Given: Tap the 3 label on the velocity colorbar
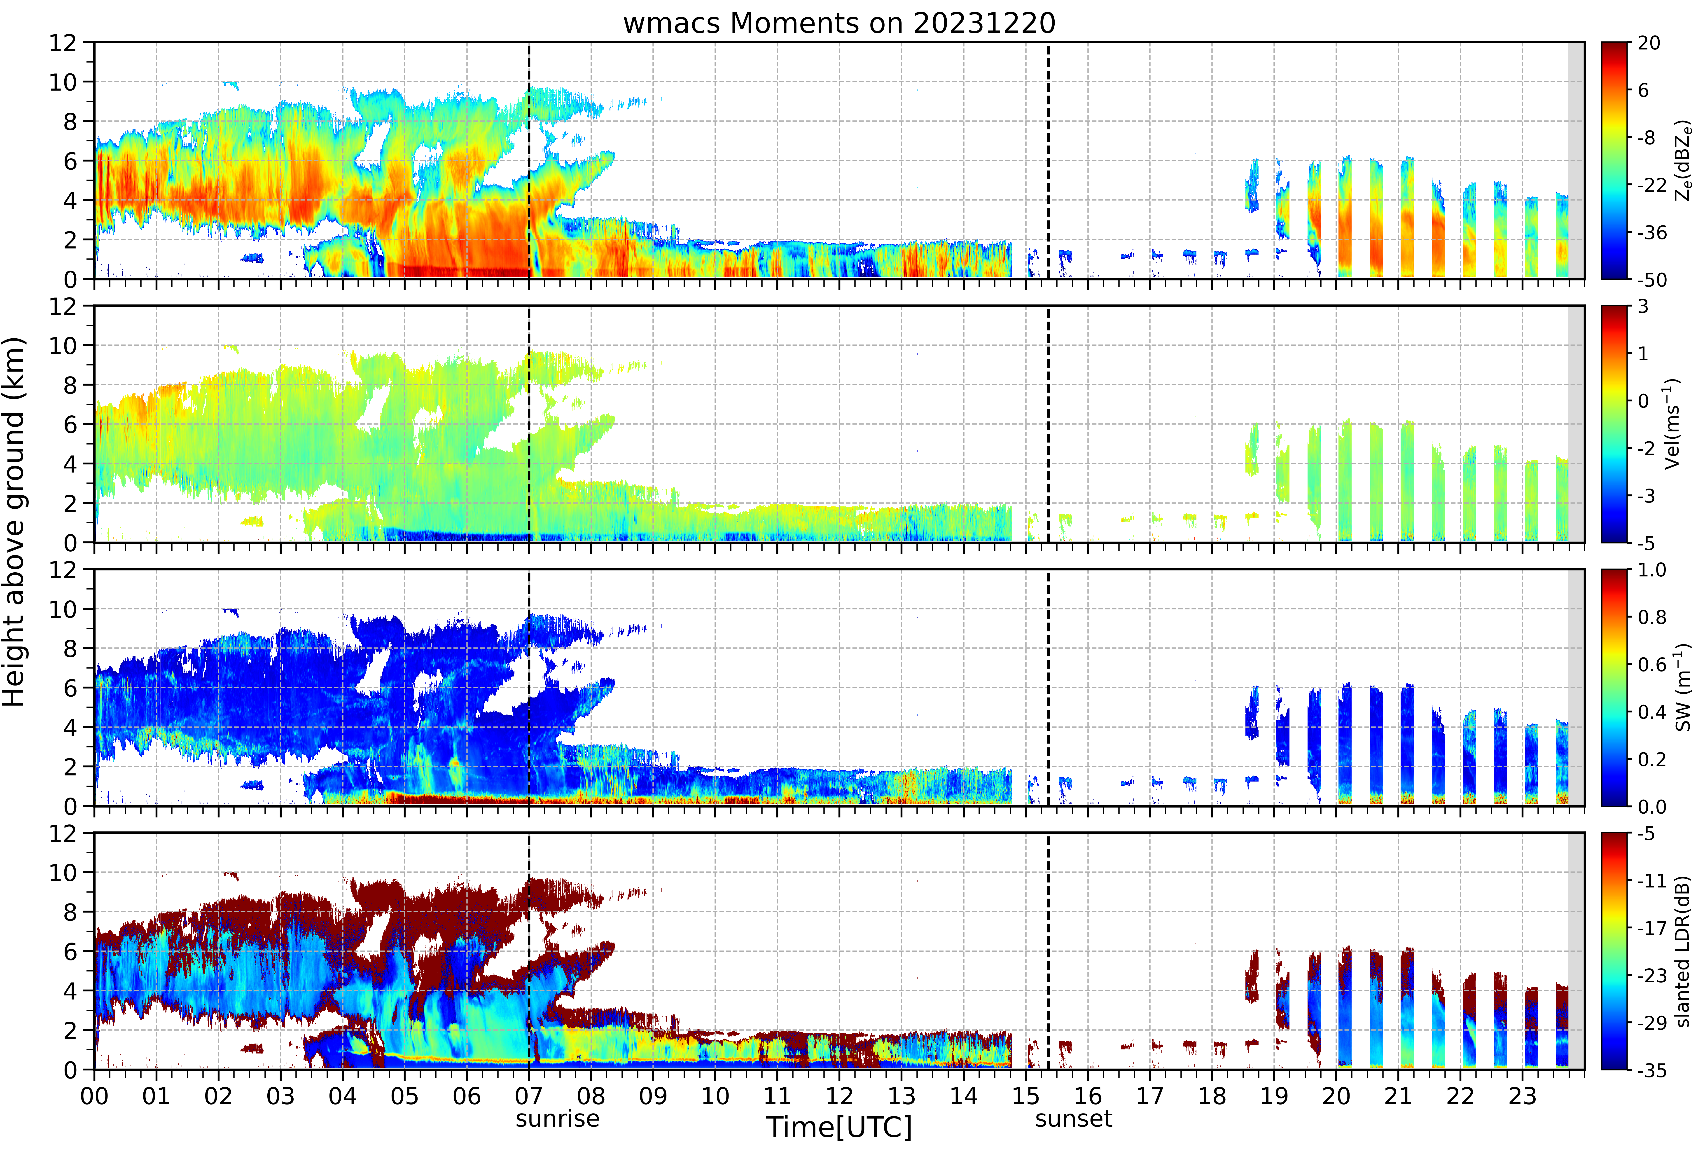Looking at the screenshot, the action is tap(1643, 307).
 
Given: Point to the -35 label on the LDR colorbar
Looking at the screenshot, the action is tap(1651, 1070).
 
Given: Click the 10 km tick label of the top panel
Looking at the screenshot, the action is tap(62, 82).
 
